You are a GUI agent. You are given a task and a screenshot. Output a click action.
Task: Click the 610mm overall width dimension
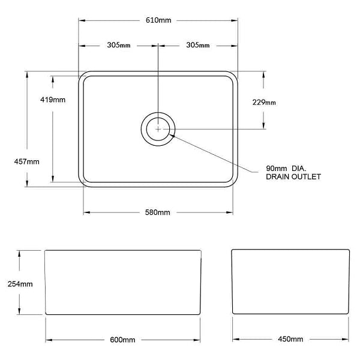pyautogui.click(x=159, y=20)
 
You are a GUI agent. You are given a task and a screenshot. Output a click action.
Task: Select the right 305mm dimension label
pyautogui.click(x=197, y=45)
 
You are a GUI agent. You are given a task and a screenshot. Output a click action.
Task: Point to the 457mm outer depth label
pyautogui.click(x=26, y=161)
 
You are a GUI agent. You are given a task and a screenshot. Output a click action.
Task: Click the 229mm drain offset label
pyautogui.click(x=264, y=103)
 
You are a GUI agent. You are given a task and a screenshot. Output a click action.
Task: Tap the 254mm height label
pyautogui.click(x=20, y=284)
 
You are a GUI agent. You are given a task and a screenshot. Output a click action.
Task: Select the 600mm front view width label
pyautogui.click(x=122, y=340)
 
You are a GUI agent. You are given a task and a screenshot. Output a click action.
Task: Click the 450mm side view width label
pyautogui.click(x=291, y=340)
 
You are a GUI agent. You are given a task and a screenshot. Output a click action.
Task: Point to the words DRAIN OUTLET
pyautogui.click(x=293, y=177)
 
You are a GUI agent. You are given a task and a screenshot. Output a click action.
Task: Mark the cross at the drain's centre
pyautogui.click(x=158, y=128)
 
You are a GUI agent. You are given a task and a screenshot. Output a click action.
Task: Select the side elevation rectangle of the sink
pyautogui.click(x=291, y=282)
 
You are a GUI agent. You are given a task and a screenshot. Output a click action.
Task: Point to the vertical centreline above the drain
pyautogui.click(x=158, y=78)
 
